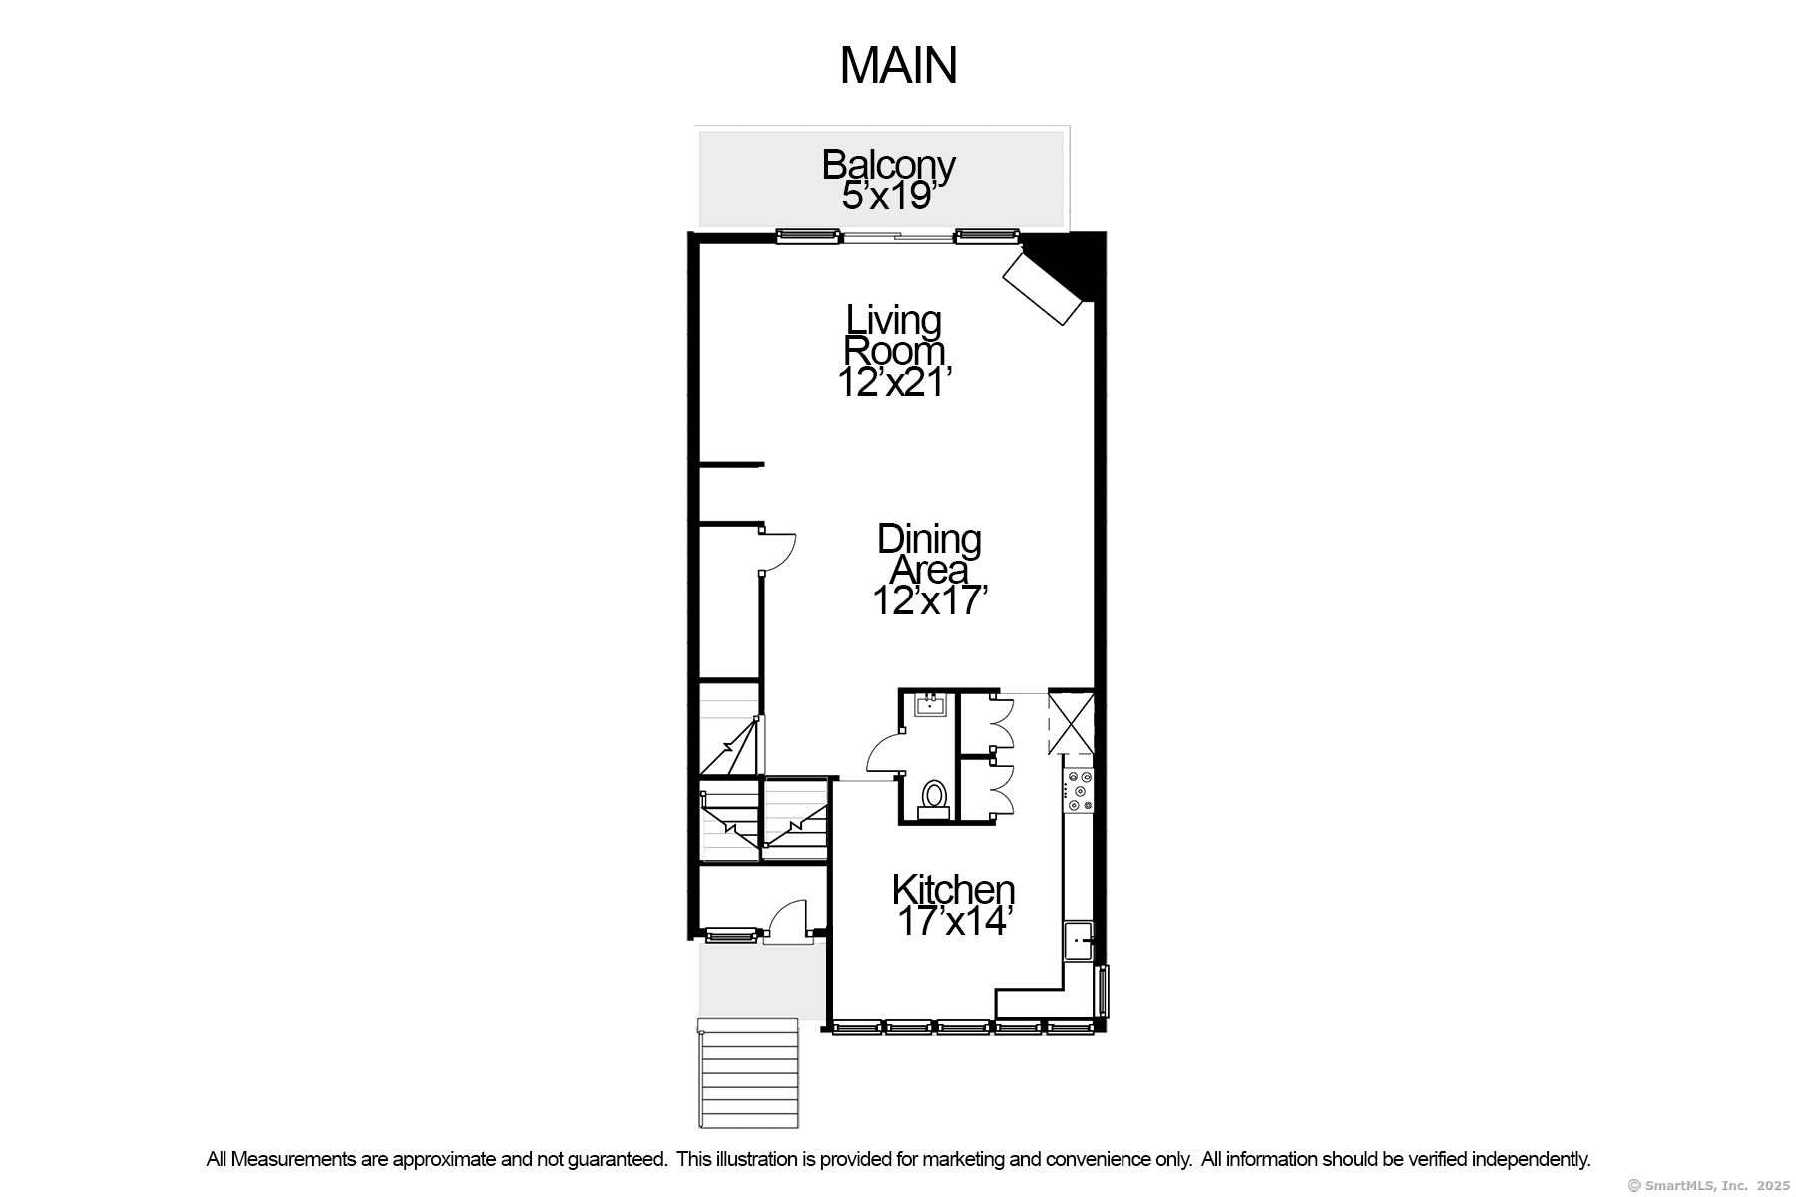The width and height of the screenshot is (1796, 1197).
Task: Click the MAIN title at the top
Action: pyautogui.click(x=898, y=66)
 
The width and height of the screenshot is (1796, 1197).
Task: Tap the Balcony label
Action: pyautogui.click(x=888, y=165)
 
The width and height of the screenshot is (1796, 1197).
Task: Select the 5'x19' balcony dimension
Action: pyautogui.click(x=888, y=197)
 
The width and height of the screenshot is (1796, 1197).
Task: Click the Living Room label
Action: pyautogui.click(x=894, y=335)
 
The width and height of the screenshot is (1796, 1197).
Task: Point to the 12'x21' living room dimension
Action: pyautogui.click(x=895, y=382)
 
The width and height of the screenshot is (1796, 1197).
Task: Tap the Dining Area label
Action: pyautogui.click(x=929, y=554)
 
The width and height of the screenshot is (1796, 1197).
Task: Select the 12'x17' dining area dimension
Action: pyautogui.click(x=930, y=601)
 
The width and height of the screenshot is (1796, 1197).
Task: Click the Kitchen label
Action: pyautogui.click(x=953, y=888)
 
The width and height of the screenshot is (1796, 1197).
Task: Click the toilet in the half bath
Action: pyautogui.click(x=934, y=796)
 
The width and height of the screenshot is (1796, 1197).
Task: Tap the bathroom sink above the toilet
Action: pyautogui.click(x=930, y=706)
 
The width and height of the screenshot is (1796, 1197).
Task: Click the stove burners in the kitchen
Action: pyautogui.click(x=1080, y=790)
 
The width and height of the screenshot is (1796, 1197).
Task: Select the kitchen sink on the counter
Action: pyautogui.click(x=1078, y=940)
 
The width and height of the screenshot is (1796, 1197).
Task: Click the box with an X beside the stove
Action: pyautogui.click(x=1071, y=722)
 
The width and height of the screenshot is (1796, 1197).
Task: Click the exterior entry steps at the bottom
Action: pyautogui.click(x=749, y=1073)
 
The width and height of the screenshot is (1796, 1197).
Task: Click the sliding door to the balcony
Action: pyautogui.click(x=896, y=237)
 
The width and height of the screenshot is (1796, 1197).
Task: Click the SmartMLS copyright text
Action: pyautogui.click(x=1708, y=1186)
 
